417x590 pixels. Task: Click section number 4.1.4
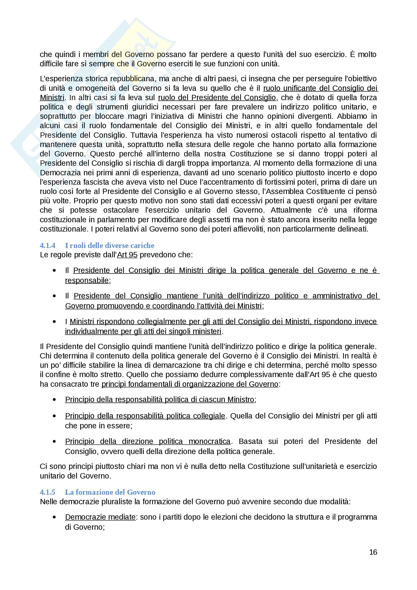47,245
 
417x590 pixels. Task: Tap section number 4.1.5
47,492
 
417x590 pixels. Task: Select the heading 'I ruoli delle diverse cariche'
110,245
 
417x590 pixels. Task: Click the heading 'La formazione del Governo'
110,492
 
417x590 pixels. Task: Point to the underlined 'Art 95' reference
127,255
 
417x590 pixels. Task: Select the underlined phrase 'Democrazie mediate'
100,517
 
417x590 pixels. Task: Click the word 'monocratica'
209,441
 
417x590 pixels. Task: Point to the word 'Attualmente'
291,210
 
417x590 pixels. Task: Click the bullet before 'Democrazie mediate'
54,517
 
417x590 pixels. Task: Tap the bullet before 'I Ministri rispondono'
54,321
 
